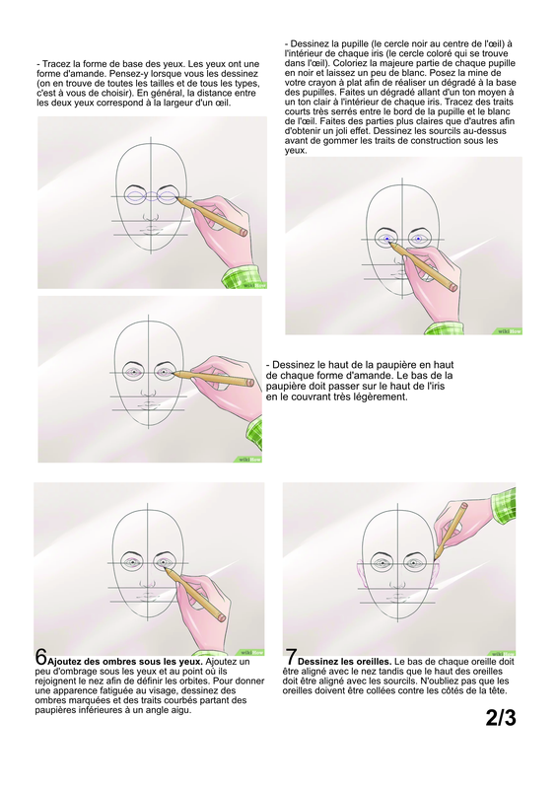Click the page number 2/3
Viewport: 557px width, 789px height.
coord(501,718)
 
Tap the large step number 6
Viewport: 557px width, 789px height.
coord(40,656)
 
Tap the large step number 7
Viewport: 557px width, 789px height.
coord(291,657)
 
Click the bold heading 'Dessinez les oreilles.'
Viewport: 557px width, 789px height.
coord(345,662)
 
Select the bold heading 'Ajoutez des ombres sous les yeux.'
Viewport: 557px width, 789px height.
coord(125,662)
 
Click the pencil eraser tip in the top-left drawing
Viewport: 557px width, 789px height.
coord(244,232)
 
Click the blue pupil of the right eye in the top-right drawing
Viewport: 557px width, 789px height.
coord(419,239)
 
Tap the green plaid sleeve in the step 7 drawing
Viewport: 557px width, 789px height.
coord(503,504)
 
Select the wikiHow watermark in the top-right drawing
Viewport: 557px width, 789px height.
coord(510,331)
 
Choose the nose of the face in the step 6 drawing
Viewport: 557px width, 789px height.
coord(148,583)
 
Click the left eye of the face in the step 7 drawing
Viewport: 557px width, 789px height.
coord(383,562)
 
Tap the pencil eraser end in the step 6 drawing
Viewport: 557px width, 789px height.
coord(222,617)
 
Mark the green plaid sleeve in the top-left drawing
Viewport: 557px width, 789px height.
coord(244,276)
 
